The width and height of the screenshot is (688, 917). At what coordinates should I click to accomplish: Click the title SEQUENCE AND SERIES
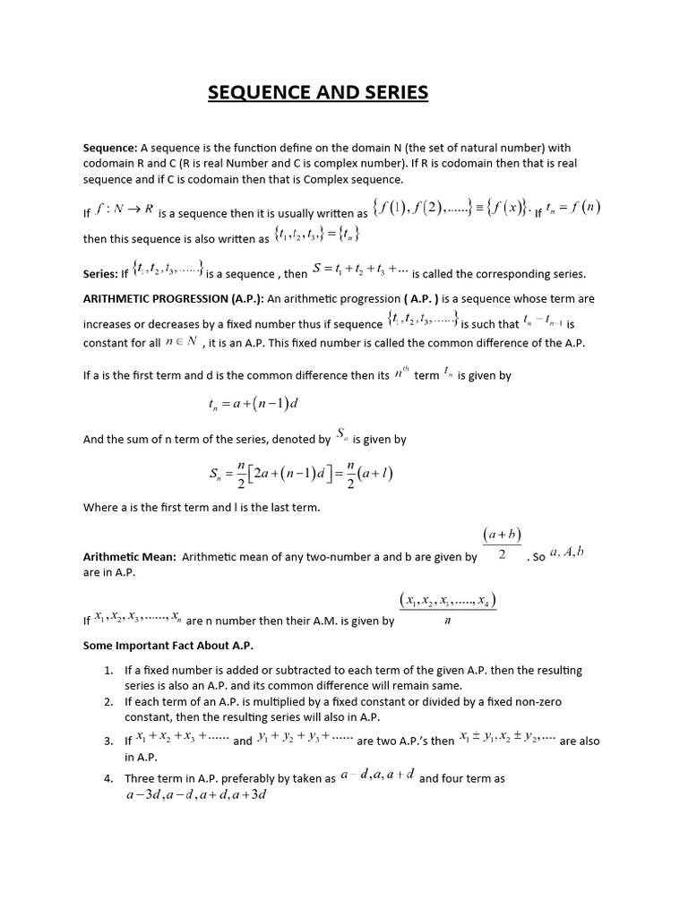[318, 93]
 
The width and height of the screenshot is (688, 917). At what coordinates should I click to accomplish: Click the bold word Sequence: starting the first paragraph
[110, 148]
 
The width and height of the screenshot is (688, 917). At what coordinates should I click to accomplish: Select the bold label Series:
[100, 274]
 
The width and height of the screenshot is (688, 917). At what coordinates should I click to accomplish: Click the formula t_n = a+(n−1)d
[253, 404]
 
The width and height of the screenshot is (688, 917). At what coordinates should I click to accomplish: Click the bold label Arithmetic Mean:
[130, 557]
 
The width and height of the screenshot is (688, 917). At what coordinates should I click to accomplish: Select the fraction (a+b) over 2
[502, 544]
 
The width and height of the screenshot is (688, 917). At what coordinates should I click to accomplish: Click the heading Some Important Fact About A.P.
[168, 645]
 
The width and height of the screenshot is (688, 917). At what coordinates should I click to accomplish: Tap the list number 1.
[107, 670]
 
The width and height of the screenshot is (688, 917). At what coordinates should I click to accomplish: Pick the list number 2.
[107, 702]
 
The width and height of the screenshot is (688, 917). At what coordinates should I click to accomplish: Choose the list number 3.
[107, 741]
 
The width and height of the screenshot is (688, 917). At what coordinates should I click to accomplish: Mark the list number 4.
[107, 779]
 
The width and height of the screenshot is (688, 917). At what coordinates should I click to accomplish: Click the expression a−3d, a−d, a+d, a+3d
[196, 796]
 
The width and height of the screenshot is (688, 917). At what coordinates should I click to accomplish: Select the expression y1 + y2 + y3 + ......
[305, 739]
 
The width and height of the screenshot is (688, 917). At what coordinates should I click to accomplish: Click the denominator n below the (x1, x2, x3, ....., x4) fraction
[447, 623]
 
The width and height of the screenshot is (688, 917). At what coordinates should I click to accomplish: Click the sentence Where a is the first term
[202, 508]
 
